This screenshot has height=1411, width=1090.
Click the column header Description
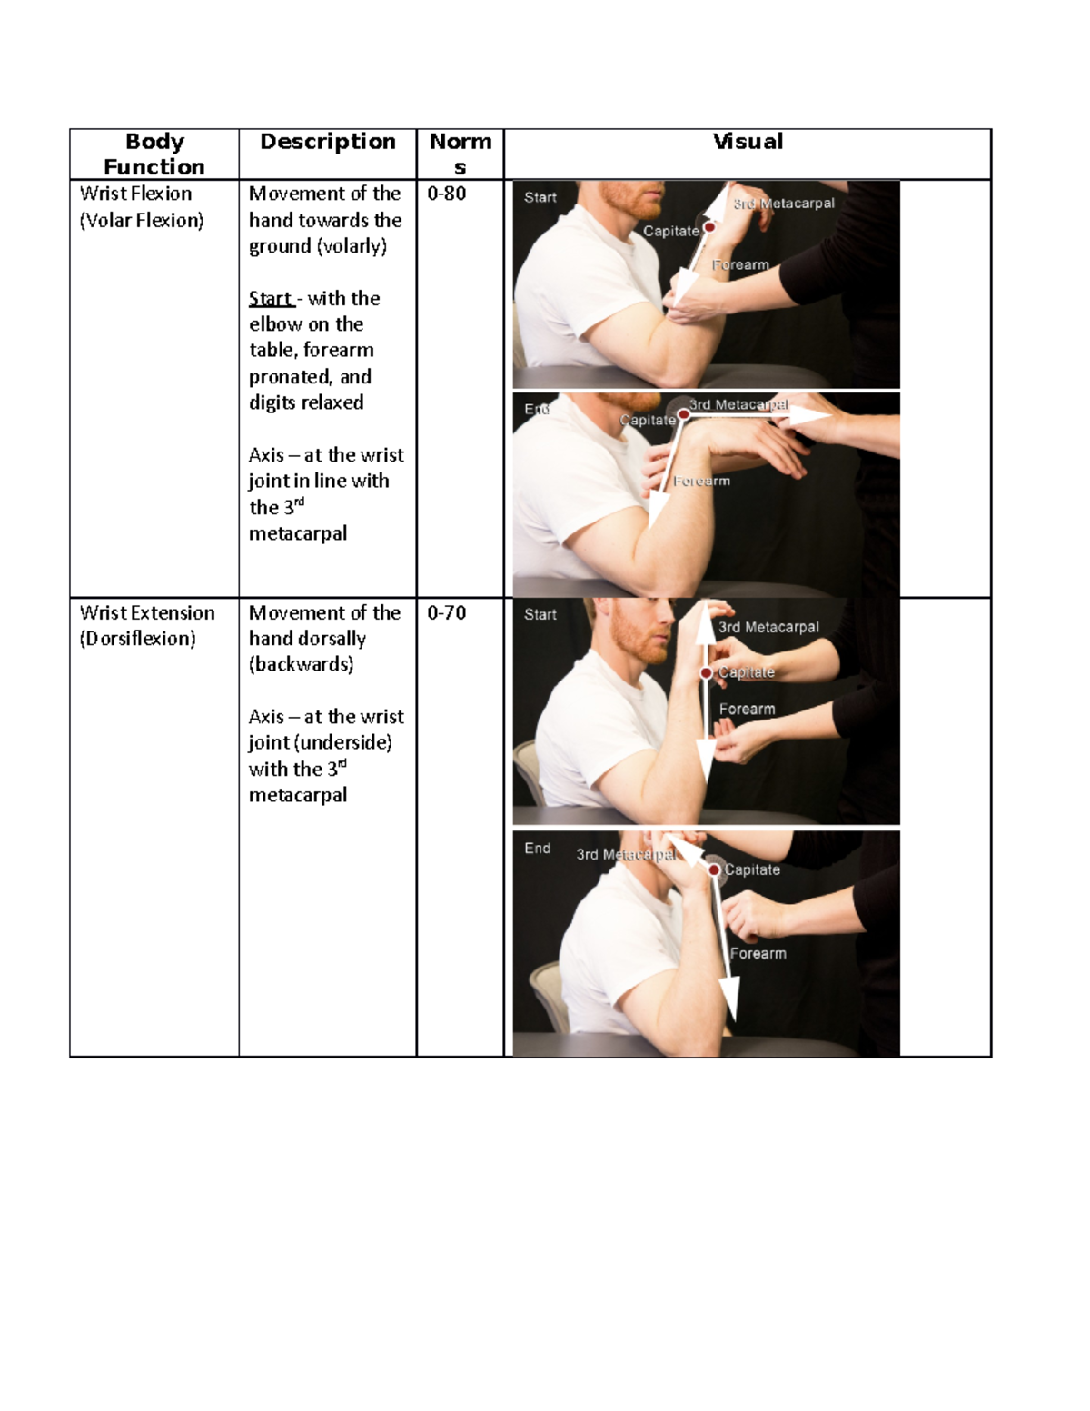[327, 142]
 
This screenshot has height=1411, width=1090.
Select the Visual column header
[747, 142]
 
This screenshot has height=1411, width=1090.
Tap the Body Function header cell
[154, 154]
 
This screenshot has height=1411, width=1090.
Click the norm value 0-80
[446, 194]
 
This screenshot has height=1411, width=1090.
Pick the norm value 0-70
[446, 613]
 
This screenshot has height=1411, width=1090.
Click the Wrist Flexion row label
[135, 194]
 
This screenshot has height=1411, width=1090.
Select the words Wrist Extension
[147, 613]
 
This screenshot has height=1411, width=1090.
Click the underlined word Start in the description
[271, 299]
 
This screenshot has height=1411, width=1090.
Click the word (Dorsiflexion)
[137, 639]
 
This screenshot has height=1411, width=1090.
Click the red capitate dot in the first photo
[709, 227]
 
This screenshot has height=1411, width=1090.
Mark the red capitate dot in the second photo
[683, 414]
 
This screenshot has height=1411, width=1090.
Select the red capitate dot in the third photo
[706, 673]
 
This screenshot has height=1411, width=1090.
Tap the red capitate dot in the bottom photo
[715, 870]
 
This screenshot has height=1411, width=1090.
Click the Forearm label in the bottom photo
[758, 954]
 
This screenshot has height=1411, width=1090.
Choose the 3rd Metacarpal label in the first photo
[784, 204]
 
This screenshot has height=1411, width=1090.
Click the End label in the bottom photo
[537, 849]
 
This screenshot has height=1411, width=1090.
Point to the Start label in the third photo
[540, 615]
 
